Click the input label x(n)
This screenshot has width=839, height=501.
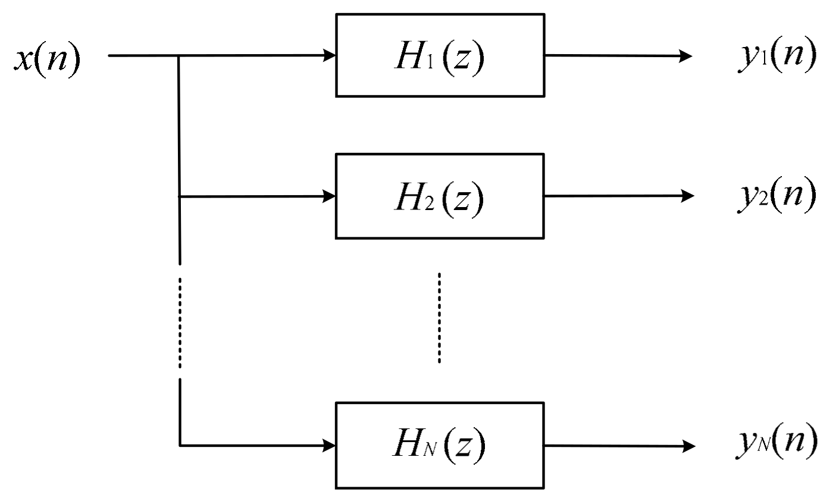pos(47,60)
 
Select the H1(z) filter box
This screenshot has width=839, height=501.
pos(440,55)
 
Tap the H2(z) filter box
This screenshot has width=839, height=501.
pos(440,196)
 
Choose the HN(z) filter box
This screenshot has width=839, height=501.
pos(440,445)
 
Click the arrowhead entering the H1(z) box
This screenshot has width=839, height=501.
pos(329,56)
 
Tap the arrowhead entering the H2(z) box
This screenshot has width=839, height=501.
pos(329,196)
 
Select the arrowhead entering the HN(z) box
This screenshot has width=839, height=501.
pos(329,445)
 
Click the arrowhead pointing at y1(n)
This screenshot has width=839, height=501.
pos(685,57)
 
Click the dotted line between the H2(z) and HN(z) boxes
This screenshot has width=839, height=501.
pos(439,318)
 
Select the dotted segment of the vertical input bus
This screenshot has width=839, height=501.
pos(179,321)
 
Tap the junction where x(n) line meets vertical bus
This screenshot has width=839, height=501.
pos(179,56)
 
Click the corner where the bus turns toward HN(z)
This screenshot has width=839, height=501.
pos(180,445)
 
